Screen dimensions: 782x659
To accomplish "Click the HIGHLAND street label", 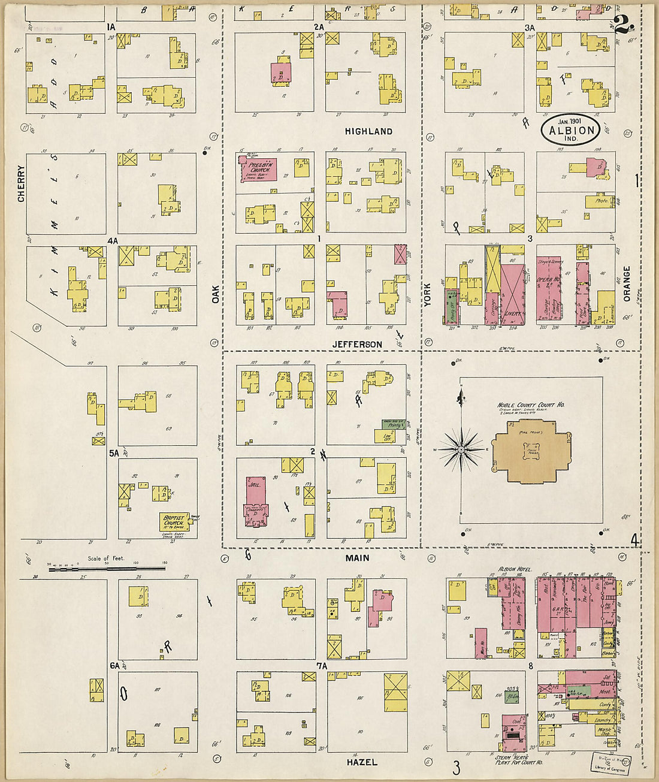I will coord(368,131).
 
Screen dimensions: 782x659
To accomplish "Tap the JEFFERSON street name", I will coord(357,345).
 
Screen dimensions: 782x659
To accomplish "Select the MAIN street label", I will coord(357,558).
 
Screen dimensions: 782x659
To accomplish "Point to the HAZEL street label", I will coord(362,762).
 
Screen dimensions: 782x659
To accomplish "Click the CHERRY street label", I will coord(22,183).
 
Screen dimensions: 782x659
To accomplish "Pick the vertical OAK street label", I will coord(215,294).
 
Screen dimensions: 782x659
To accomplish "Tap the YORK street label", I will coord(427,294).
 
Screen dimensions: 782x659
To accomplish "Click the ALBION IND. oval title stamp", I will coord(571,130).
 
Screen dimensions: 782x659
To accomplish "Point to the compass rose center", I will coord(461,449).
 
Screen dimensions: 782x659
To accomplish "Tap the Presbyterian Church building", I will coord(258,168).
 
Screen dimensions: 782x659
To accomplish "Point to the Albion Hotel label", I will coord(515,569).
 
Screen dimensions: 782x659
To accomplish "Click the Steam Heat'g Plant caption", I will coord(518,760).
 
